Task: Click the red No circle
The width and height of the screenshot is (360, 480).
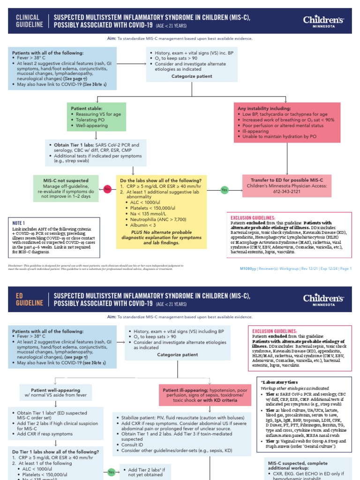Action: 107,189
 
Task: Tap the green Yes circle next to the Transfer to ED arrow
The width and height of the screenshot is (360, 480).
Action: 225,189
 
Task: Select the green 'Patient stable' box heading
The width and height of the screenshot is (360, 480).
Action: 87,108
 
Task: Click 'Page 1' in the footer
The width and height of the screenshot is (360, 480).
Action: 345,269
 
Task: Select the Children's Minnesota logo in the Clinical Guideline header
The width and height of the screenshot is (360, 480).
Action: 323,21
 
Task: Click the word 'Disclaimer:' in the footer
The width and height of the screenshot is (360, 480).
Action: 15,265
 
